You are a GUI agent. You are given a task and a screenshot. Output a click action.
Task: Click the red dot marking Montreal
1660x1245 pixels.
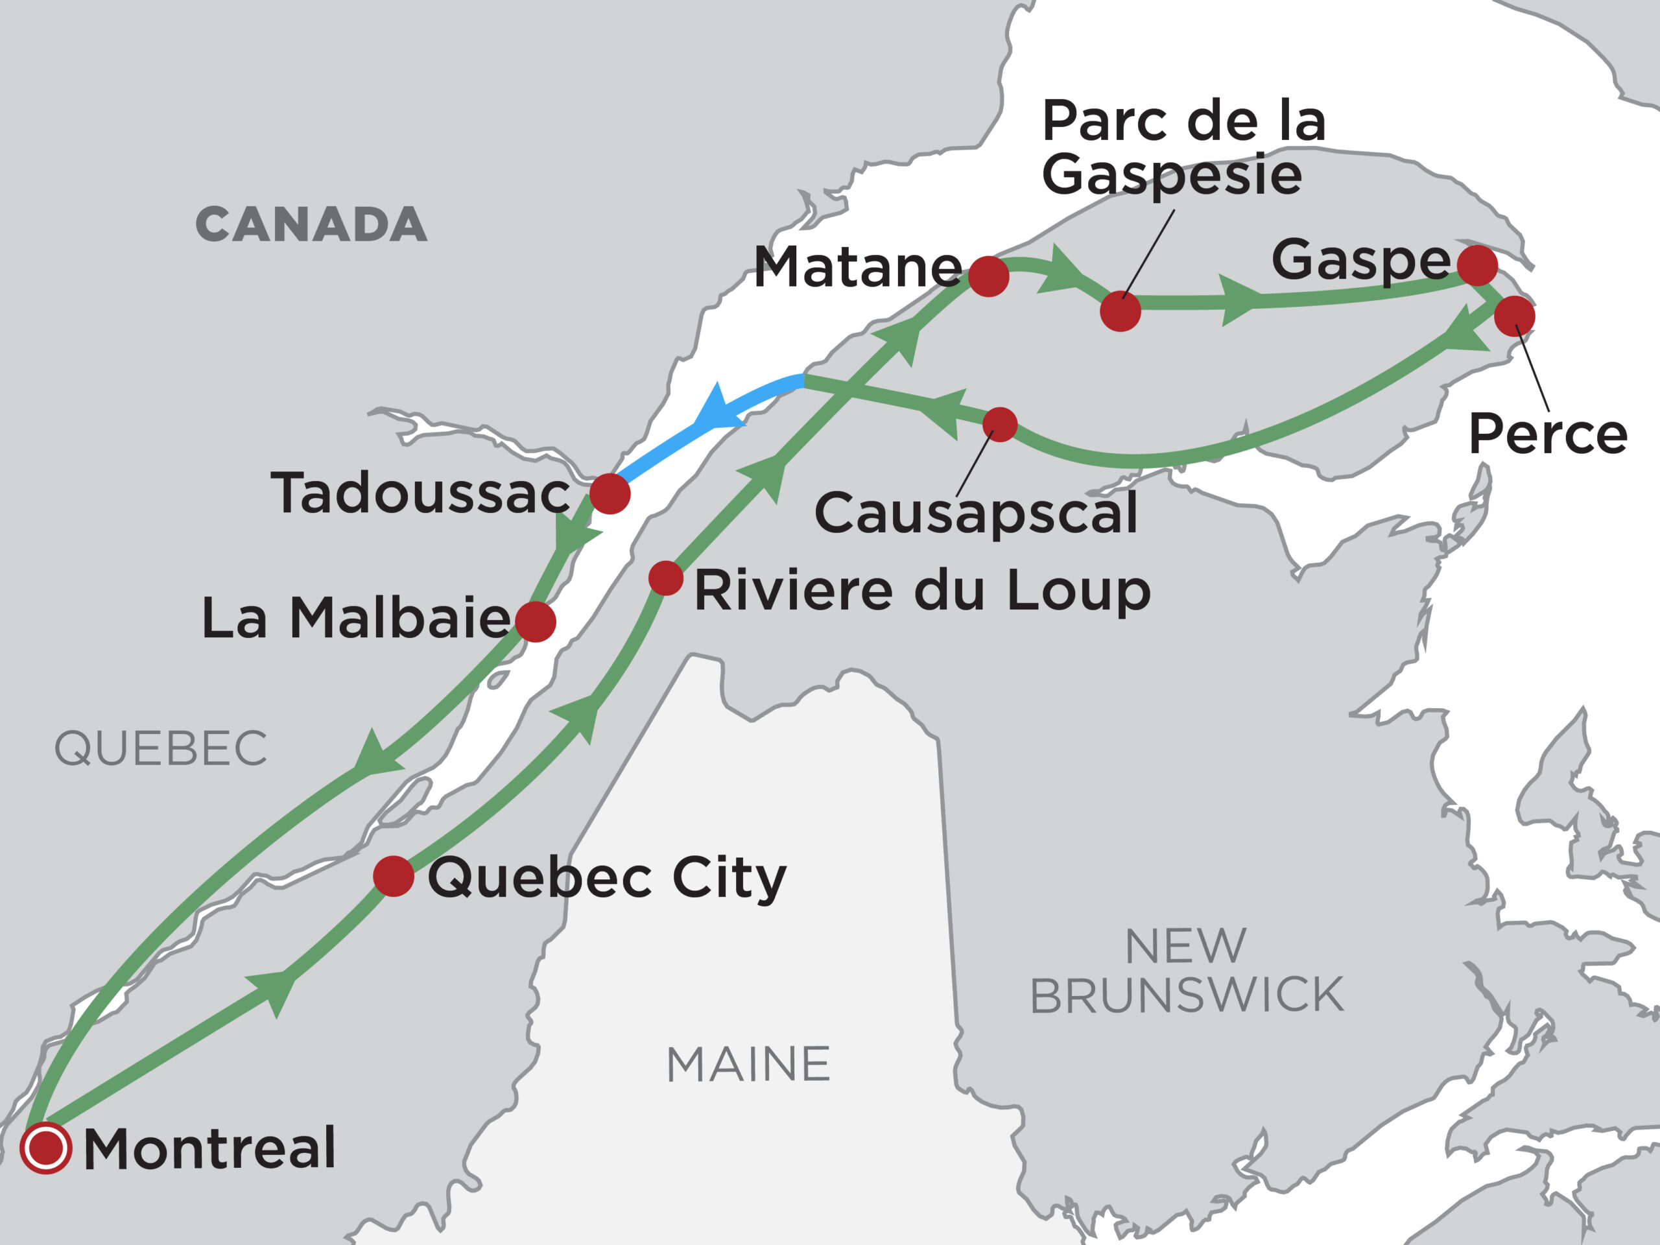(46, 1148)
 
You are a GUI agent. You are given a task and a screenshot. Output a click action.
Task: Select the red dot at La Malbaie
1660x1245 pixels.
(536, 621)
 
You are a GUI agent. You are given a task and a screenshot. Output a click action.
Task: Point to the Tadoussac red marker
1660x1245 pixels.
(610, 494)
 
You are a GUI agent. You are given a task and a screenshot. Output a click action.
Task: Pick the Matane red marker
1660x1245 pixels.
(988, 276)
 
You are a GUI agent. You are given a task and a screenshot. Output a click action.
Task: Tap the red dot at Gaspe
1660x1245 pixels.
(1478, 265)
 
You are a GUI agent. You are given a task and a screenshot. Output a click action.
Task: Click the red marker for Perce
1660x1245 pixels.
(1514, 316)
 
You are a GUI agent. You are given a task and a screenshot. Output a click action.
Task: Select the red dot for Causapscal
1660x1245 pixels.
(1000, 425)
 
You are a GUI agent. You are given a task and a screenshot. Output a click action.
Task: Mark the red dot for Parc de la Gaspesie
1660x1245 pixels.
(1120, 311)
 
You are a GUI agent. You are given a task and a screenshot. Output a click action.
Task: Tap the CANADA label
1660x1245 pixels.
(311, 224)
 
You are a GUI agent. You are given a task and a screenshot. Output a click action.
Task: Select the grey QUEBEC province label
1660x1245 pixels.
(161, 748)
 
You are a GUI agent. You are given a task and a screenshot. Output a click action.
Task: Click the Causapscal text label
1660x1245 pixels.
(976, 514)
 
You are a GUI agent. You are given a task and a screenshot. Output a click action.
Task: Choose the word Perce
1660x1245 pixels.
(1547, 434)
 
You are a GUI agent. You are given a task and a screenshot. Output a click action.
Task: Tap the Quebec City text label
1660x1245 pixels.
(606, 878)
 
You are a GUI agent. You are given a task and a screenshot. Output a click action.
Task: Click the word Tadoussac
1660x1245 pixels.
(420, 494)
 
